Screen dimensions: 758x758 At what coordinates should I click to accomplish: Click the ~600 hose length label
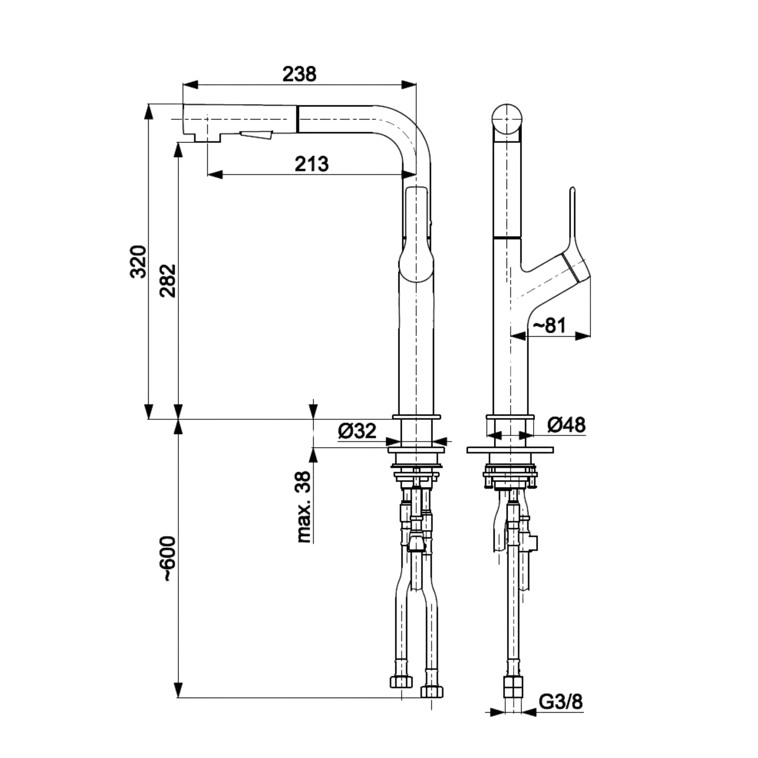(168, 559)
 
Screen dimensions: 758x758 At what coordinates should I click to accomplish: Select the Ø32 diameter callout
(357, 431)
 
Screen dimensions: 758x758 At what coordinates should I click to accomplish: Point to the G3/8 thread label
(561, 702)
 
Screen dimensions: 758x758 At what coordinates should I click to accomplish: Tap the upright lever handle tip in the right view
(572, 190)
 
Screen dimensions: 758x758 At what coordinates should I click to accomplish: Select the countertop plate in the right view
(510, 450)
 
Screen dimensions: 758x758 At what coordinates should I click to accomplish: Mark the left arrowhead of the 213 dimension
(215, 174)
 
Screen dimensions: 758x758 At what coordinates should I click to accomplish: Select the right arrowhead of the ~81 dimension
(583, 335)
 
